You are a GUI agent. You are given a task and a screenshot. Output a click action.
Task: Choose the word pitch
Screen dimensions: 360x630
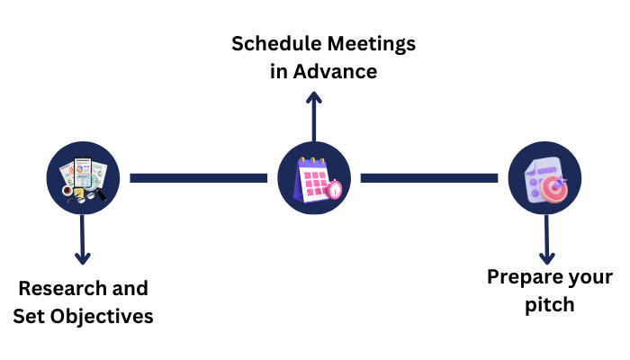point(550,304)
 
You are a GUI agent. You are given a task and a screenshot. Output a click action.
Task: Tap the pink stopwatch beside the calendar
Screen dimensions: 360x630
point(334,190)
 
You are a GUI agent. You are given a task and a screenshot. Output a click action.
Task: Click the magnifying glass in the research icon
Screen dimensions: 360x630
point(96,190)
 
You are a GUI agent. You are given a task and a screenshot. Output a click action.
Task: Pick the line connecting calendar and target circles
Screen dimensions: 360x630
point(428,177)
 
